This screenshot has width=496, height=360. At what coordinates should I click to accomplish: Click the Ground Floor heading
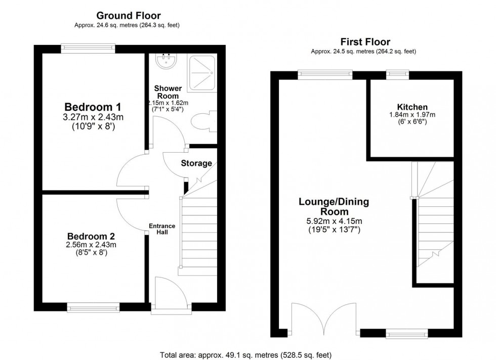point(129,16)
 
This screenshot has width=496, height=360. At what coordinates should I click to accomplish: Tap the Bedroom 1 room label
point(93,107)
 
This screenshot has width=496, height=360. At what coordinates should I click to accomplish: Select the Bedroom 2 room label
point(91,236)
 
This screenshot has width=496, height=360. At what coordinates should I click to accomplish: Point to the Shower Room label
point(168,92)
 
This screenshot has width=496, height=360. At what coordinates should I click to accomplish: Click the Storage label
point(196,163)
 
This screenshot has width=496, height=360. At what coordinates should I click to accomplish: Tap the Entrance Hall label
point(162,229)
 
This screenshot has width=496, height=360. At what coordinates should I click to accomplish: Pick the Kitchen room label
point(412,107)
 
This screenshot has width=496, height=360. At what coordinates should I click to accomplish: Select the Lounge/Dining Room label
point(334,206)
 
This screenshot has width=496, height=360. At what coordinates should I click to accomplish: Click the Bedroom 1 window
point(88,49)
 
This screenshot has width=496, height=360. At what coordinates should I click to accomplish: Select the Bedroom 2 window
point(94,306)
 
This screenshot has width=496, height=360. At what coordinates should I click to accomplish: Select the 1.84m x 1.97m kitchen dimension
point(412,115)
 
